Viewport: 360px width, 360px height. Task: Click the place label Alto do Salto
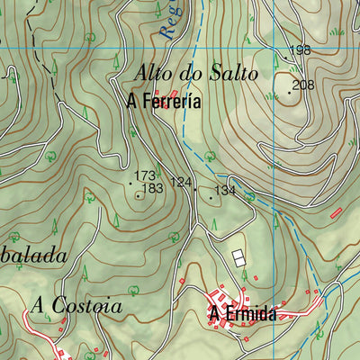pos(195,74)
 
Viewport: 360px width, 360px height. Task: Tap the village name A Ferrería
pos(164,103)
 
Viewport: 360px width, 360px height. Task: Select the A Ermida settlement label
pos(242,314)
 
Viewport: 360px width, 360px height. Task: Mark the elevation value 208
pos(303,85)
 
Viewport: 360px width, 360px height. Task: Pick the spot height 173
pos(145,175)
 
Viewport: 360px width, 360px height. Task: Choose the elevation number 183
pos(152,188)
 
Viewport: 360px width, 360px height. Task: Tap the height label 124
pos(181,183)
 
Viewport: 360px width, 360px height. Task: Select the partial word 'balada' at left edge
pos(33,256)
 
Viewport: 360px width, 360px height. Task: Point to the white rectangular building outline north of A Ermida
pos(238,258)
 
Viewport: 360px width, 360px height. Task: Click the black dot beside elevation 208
pos(289,92)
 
